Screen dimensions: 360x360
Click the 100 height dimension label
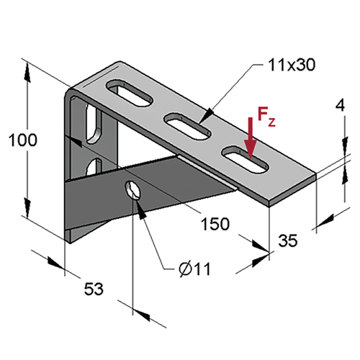[x=23, y=140]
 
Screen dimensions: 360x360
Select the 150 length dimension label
[x=215, y=224]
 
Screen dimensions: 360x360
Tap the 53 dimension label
[x=94, y=289]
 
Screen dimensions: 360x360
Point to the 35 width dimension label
[x=288, y=240]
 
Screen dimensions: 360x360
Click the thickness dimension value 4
[x=340, y=105]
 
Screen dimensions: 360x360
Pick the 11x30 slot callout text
[x=291, y=65]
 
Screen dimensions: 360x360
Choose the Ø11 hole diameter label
[x=194, y=269]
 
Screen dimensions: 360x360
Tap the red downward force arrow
[x=251, y=138]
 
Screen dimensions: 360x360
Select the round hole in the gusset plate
[x=132, y=190]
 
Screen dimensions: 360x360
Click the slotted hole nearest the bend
[x=130, y=93]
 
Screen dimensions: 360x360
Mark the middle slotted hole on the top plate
[x=187, y=126]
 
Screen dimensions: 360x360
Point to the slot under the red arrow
[x=245, y=160]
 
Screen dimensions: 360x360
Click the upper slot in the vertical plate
[x=94, y=124]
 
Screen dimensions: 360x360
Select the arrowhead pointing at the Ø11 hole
[x=141, y=210]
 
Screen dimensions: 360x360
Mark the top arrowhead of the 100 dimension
[x=27, y=73]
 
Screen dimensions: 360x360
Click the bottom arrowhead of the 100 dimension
[x=27, y=208]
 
